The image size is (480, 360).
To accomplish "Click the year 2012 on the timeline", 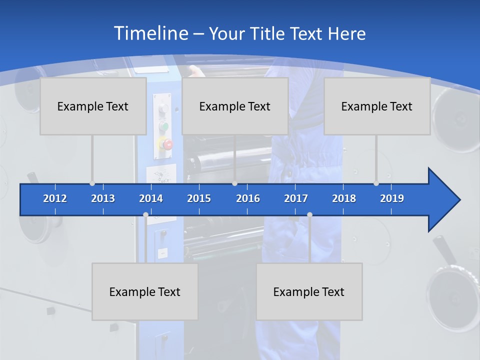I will tap(55, 198).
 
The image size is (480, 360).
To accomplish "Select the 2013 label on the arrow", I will tap(103, 198).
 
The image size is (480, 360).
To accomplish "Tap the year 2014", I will tap(151, 198).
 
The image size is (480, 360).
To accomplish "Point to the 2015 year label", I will tap(199, 198).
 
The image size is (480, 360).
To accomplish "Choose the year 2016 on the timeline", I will tap(248, 198).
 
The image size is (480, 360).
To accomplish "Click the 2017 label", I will tap(296, 198).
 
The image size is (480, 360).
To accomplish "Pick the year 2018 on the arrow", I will tap(344, 198).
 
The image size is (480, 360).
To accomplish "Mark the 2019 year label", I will tap(392, 198).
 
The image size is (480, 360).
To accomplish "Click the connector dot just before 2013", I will tap(92, 183).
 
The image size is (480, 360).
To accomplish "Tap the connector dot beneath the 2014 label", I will tap(145, 214).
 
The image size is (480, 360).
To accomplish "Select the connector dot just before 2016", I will tap(234, 183).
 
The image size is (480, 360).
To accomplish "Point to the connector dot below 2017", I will tap(309, 214).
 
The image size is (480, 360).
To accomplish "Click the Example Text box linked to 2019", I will tap(377, 106).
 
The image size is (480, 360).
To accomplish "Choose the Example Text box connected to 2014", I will tap(145, 291).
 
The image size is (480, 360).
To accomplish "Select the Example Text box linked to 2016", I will tap(235, 106).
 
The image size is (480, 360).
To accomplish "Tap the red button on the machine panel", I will tap(167, 145).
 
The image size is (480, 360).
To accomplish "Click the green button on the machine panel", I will tap(163, 126).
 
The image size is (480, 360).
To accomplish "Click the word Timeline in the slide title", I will tap(150, 33).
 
